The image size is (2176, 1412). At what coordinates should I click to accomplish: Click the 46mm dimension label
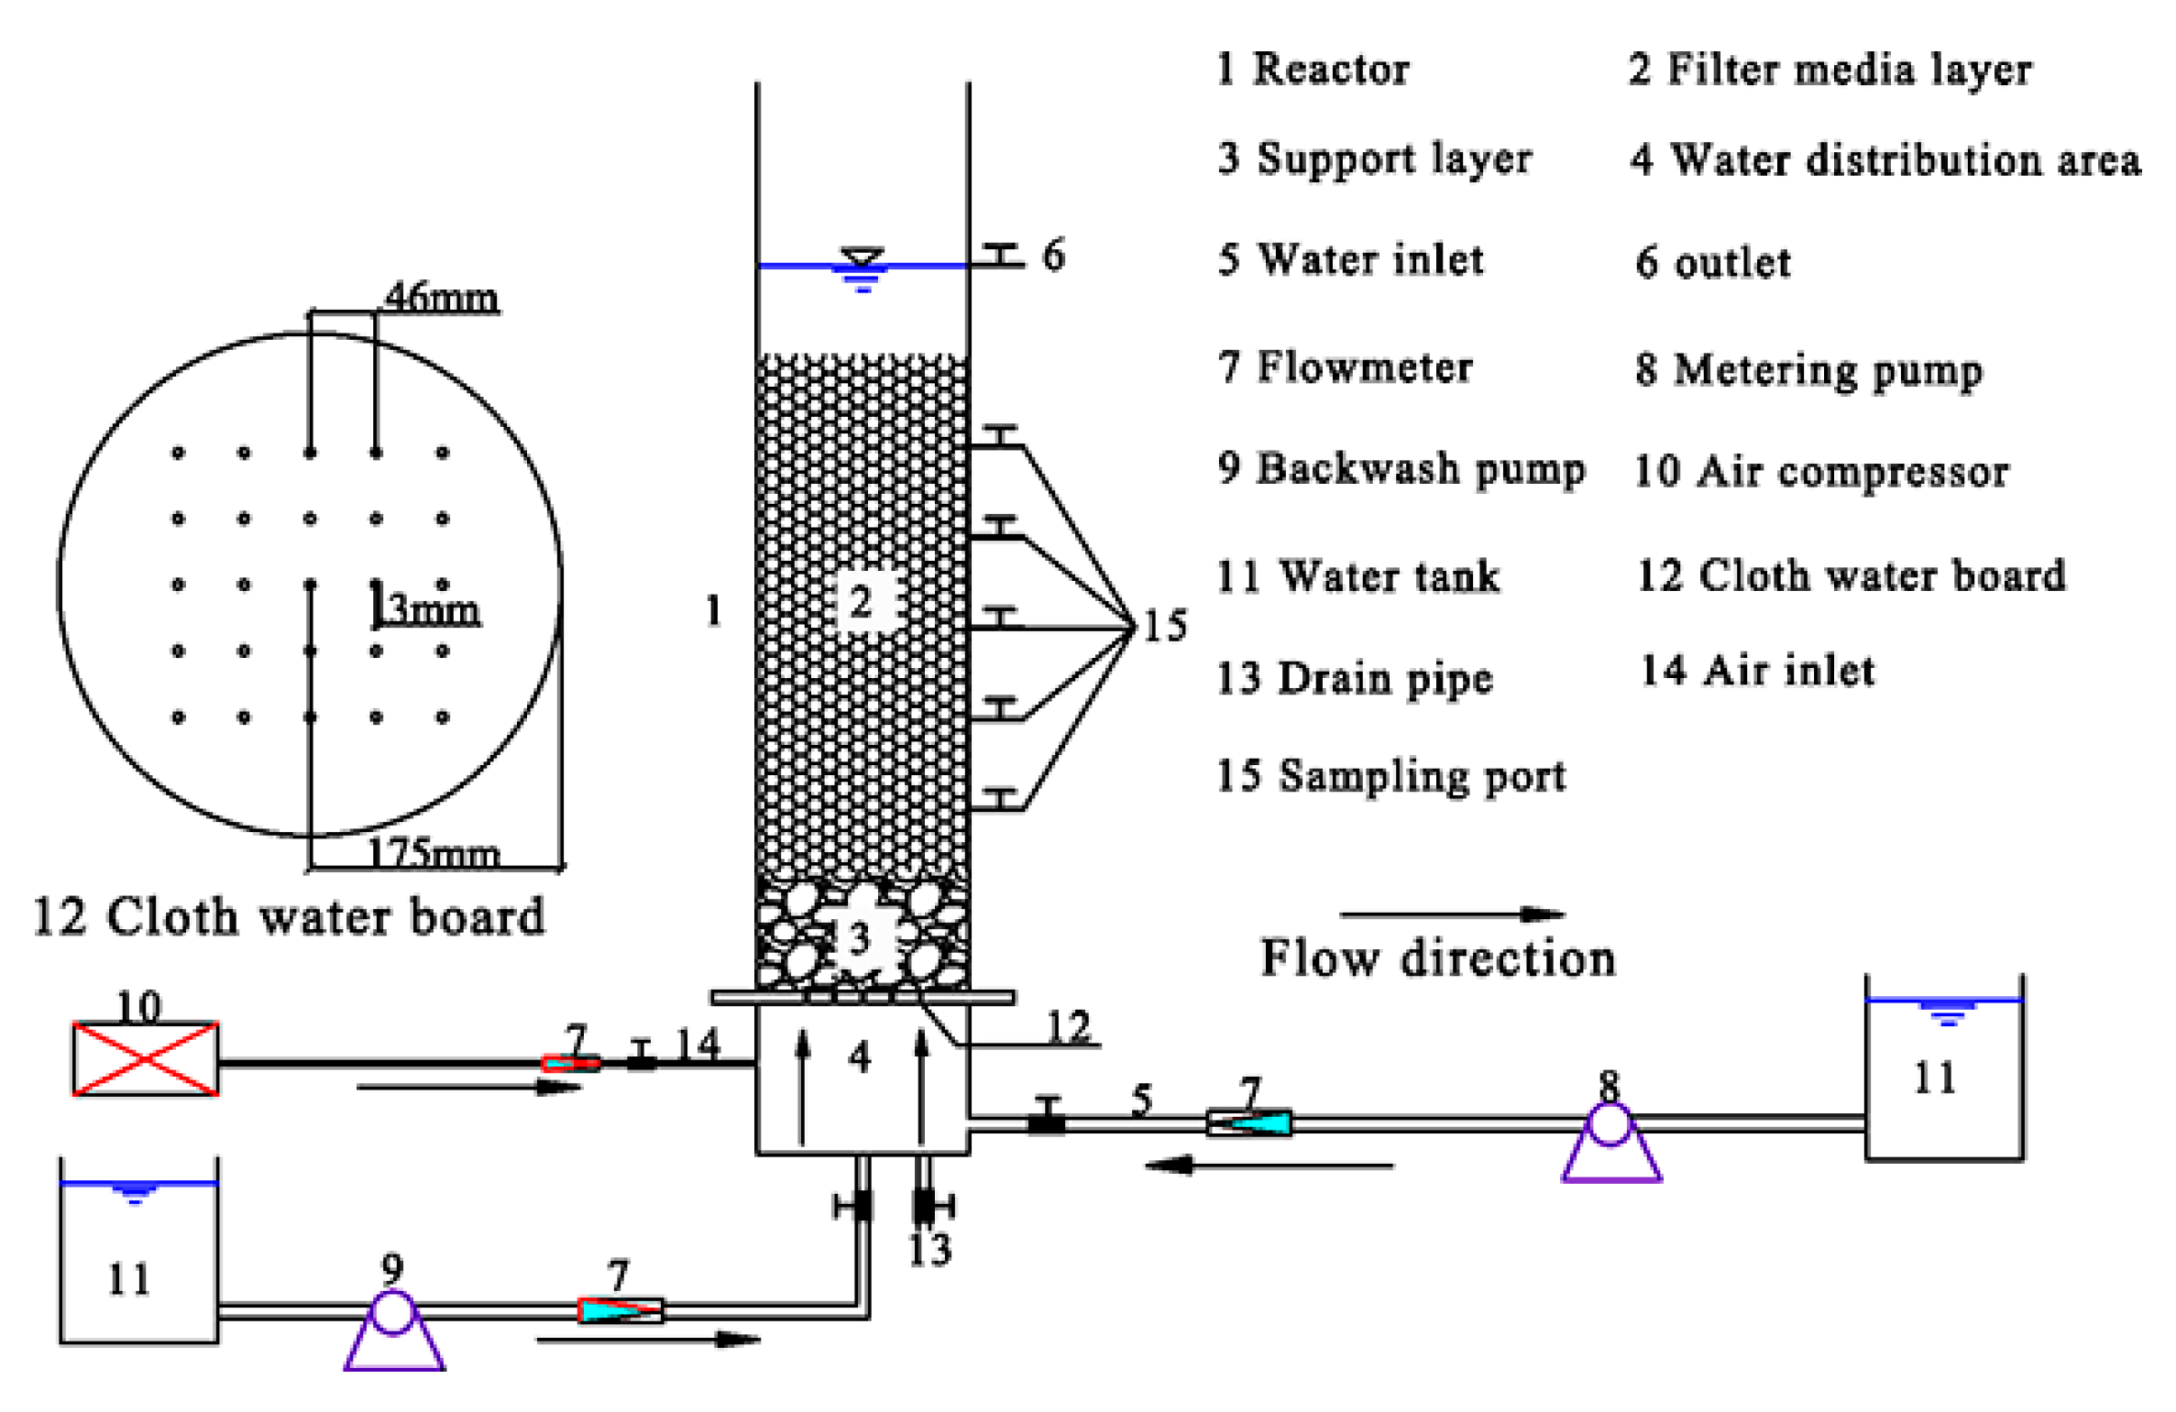(x=442, y=297)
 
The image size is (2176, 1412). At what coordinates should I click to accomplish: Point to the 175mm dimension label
(x=434, y=853)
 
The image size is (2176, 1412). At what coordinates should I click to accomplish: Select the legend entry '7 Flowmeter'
(x=1345, y=367)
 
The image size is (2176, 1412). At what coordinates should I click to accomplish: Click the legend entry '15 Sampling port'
(x=1390, y=775)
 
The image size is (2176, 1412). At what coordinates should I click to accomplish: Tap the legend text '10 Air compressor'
(x=1820, y=471)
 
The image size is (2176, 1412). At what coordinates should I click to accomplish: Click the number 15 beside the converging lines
(x=1164, y=625)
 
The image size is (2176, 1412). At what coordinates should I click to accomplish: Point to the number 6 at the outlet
(x=1053, y=255)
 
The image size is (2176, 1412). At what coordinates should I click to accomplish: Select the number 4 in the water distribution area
(x=859, y=1056)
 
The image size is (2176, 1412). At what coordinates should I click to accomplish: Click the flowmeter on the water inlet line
(x=1248, y=1122)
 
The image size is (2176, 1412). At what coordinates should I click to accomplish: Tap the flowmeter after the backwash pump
(x=621, y=1309)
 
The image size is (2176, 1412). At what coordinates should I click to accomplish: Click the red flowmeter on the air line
(x=571, y=1063)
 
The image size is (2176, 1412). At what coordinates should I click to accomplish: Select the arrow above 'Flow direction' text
(x=1451, y=914)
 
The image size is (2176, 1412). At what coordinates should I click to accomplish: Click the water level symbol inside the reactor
(x=862, y=268)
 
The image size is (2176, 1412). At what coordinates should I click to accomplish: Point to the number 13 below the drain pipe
(x=929, y=1249)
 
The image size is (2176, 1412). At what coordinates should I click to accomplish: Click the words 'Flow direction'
(x=1437, y=958)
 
